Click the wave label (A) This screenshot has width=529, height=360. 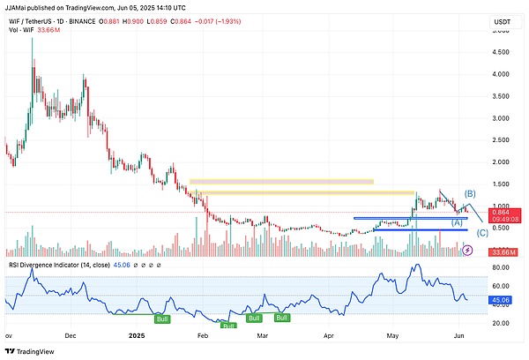(458, 222)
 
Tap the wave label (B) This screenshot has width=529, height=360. (470, 193)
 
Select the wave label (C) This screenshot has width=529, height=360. (482, 233)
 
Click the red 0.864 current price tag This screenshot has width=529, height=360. (507, 213)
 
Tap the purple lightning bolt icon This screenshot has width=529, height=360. (467, 251)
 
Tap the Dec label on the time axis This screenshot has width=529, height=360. (71, 336)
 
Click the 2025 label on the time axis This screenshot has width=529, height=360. (137, 336)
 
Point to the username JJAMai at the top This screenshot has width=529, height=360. (19, 6)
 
